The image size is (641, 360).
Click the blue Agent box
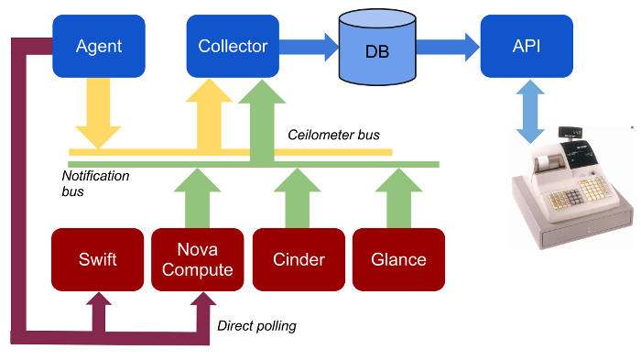point(98,45)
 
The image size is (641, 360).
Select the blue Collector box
point(233,45)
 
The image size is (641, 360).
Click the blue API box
point(527,45)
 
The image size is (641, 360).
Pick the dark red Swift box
point(98,259)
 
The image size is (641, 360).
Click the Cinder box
point(299,259)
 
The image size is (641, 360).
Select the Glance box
point(398,259)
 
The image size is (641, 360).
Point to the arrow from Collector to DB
point(308,46)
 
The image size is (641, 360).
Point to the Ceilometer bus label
point(333,136)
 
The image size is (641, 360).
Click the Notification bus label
point(95,183)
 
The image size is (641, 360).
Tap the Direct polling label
point(256,325)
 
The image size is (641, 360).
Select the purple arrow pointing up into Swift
point(98,311)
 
